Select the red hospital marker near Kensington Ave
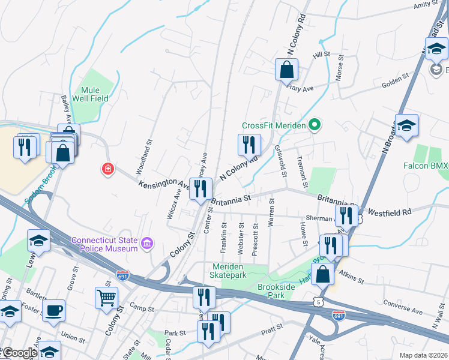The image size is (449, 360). (108, 169)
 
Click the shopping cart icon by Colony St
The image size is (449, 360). (107, 297)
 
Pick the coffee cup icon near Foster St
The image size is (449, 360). (54, 310)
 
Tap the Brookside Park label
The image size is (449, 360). (284, 292)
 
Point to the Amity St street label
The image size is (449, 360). (427, 5)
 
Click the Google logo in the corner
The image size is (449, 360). (19, 353)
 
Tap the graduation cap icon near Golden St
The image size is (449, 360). (406, 125)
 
